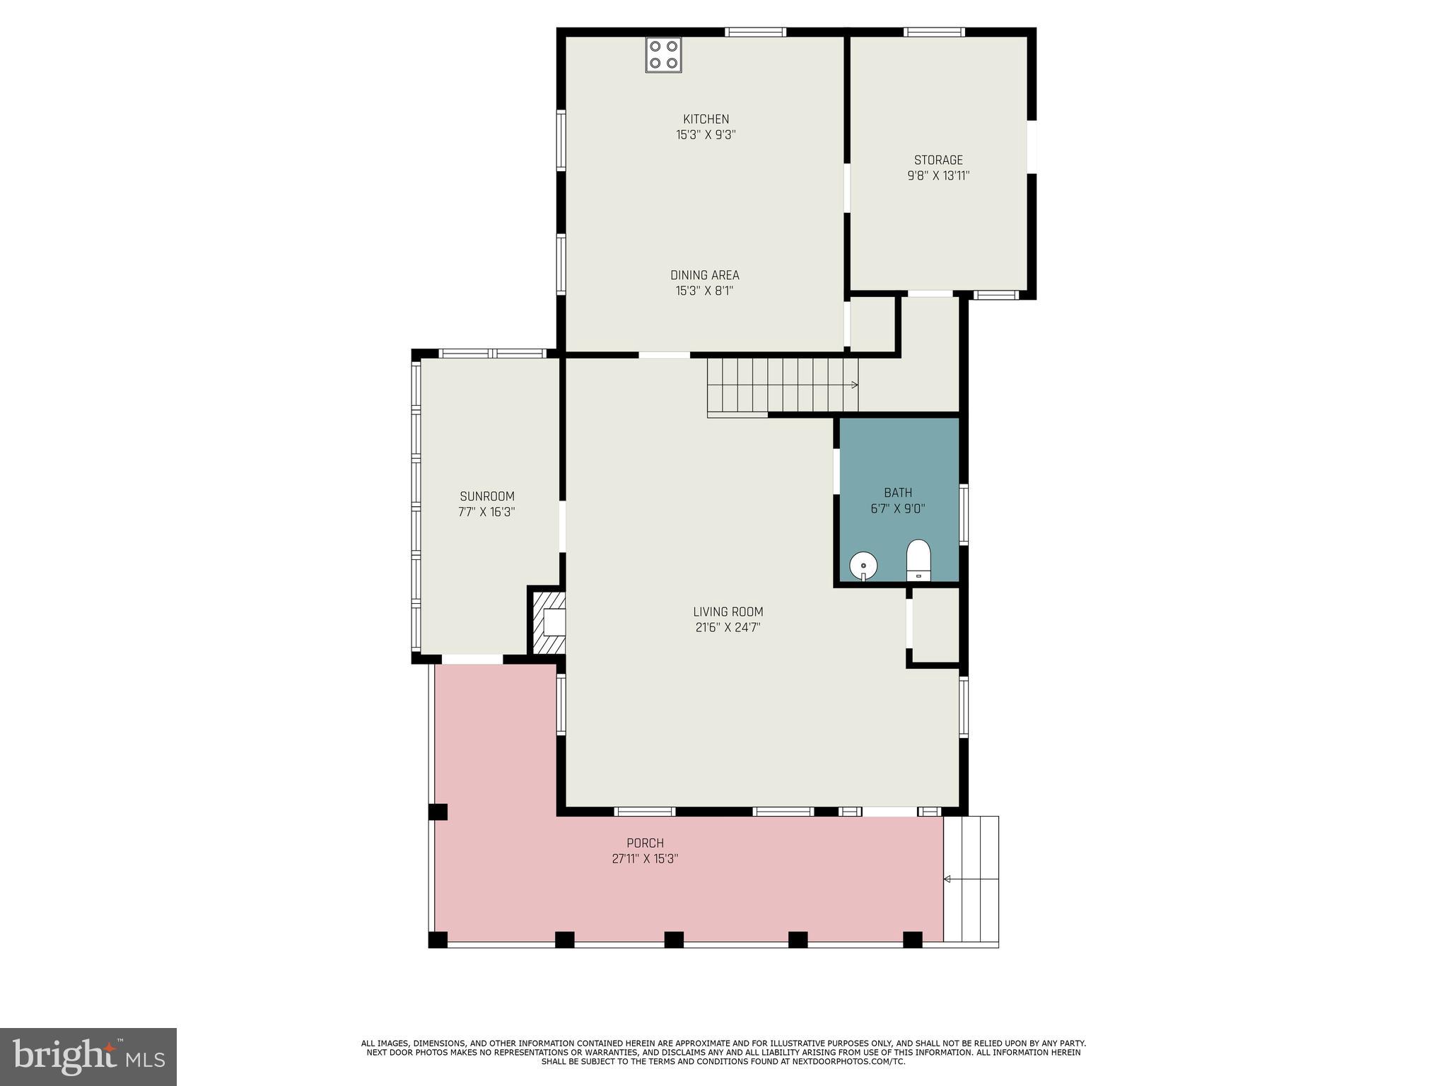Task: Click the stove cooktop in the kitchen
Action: click(x=662, y=54)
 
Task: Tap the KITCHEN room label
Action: click(x=706, y=119)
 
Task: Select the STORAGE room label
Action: click(x=938, y=160)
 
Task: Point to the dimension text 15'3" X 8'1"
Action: click(x=704, y=291)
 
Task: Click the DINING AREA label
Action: click(x=704, y=275)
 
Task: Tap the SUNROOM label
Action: click(x=486, y=496)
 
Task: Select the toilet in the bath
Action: click(x=918, y=560)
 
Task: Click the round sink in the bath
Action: click(x=863, y=566)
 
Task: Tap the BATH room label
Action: click(x=898, y=492)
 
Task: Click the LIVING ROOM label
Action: click(x=728, y=612)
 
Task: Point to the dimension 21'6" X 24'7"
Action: click(x=728, y=627)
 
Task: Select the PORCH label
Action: click(x=645, y=843)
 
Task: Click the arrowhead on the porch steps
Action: click(x=947, y=879)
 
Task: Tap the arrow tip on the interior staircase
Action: click(x=856, y=385)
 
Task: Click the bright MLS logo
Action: click(x=88, y=1056)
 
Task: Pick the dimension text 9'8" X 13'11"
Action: click(x=938, y=176)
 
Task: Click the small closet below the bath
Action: click(x=935, y=625)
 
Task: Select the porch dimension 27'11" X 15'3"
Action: click(x=645, y=859)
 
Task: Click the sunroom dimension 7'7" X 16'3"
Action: click(x=486, y=512)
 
